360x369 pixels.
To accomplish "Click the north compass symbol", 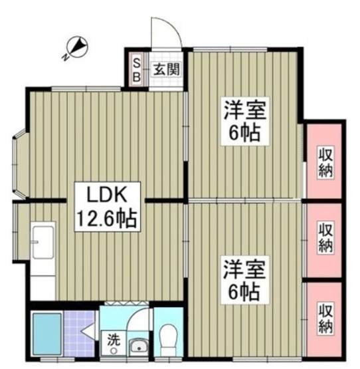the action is pyautogui.click(x=77, y=47).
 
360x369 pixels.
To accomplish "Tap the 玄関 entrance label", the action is pyautogui.click(x=167, y=69).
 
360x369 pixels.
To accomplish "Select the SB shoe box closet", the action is pyautogui.click(x=137, y=69).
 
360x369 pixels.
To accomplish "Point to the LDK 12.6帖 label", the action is pyautogui.click(x=107, y=207).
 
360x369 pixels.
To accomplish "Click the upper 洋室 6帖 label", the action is pyautogui.click(x=245, y=121).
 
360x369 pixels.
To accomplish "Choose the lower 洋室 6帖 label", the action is pyautogui.click(x=244, y=279).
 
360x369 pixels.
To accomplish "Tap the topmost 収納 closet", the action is pyautogui.click(x=324, y=161).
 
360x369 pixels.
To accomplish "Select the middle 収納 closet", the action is pyautogui.click(x=324, y=240).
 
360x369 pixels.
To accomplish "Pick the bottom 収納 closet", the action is pyautogui.click(x=324, y=319).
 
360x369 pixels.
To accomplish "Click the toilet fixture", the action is pyautogui.click(x=168, y=340).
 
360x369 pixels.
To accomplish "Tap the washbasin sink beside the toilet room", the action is pyautogui.click(x=139, y=346).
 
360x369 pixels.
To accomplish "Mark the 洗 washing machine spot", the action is pyautogui.click(x=114, y=342).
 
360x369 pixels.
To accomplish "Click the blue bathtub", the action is pyautogui.click(x=46, y=334).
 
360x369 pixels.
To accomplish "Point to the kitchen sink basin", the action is pyautogui.click(x=43, y=243).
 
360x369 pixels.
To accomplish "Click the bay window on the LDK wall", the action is pyautogui.click(x=21, y=164).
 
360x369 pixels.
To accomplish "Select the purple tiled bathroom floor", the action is pyautogui.click(x=79, y=333).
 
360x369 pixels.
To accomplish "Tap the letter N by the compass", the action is pyautogui.click(x=66, y=57).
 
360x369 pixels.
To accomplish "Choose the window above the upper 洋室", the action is pyautogui.click(x=230, y=49).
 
